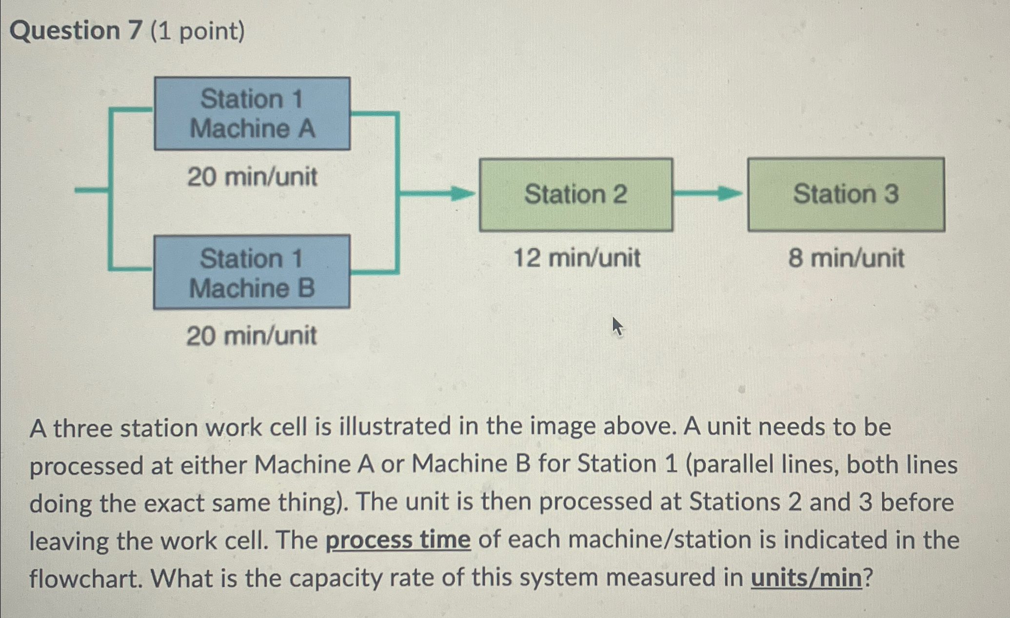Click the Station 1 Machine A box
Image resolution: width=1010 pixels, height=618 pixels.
pos(252,113)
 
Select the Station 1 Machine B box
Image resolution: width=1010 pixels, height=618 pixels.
pos(252,272)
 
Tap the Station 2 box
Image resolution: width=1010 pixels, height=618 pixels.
pos(576,194)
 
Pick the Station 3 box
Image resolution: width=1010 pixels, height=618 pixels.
pos(846,194)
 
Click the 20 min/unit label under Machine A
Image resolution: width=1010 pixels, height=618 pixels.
pos(252,177)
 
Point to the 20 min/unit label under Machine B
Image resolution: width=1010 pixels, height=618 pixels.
pos(252,336)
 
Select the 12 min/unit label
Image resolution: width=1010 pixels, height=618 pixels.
pos(577,258)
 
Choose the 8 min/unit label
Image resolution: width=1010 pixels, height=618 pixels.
pos(846,258)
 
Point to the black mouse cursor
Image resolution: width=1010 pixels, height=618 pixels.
pos(617,326)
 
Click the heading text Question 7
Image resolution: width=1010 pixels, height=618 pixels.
pos(76,31)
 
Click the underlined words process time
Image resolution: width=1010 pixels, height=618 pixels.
pos(398,540)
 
